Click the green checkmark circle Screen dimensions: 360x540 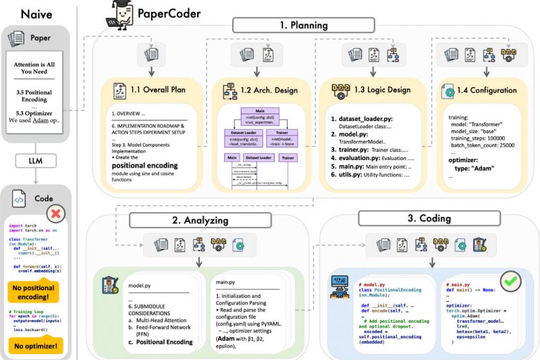click(x=510, y=280)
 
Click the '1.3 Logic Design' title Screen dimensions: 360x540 click(x=373, y=90)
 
